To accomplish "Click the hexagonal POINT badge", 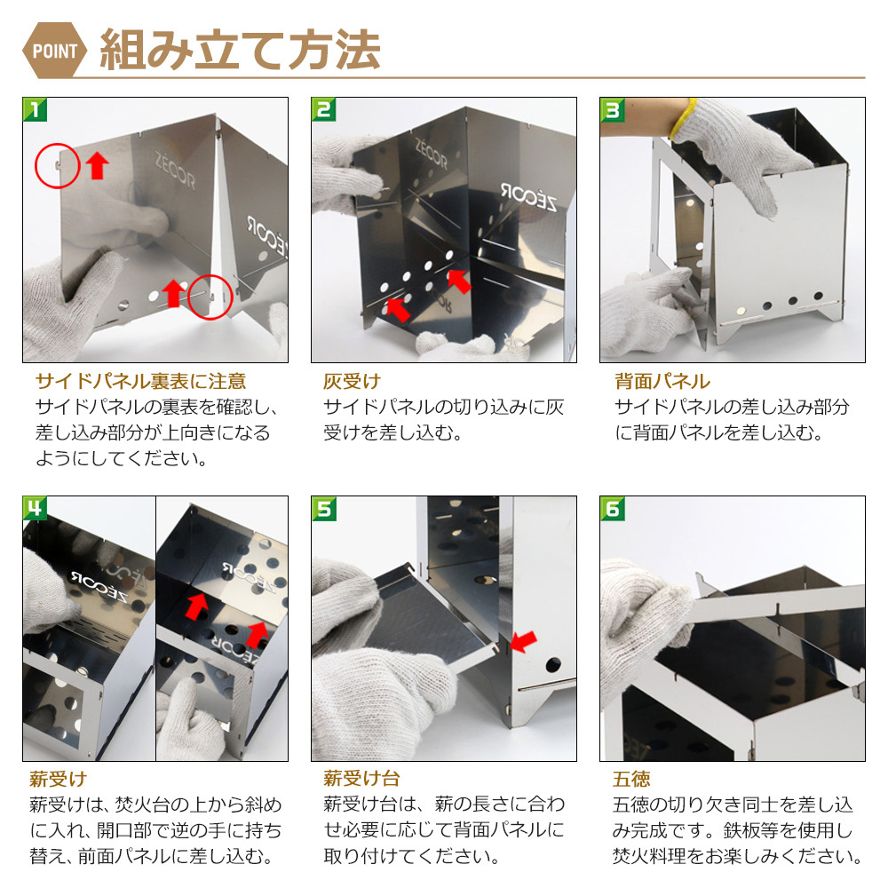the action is point(54,51).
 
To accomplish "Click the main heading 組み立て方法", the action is point(240,51).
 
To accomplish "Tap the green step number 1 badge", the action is point(35,109).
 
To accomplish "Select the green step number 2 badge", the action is point(323,109).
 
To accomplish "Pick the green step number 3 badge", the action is point(612,109).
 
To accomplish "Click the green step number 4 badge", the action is point(35,508).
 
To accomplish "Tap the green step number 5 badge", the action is point(323,508).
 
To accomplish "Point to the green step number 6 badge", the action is point(612,508).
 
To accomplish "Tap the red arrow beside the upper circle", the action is point(98,165).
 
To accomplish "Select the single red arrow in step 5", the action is point(523,642).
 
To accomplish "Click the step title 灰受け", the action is point(351,381).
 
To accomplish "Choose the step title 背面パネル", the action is point(662,381).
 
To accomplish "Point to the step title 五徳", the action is point(631,779).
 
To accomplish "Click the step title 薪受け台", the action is point(361,779).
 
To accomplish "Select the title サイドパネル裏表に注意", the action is point(140,381).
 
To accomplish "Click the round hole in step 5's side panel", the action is point(553,664).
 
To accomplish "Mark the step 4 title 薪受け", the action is point(58,779).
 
